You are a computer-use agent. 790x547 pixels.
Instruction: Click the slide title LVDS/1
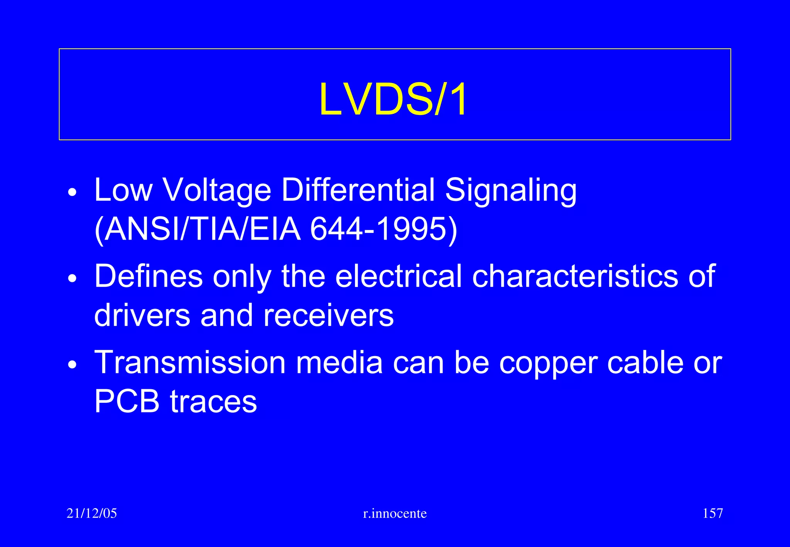(x=393, y=100)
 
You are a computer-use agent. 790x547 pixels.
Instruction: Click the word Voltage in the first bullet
(x=217, y=190)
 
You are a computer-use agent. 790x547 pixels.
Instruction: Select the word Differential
(x=358, y=190)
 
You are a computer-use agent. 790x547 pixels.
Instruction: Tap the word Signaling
(x=511, y=190)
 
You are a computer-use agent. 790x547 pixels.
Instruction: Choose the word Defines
(x=149, y=276)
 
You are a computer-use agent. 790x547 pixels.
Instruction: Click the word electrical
(x=398, y=276)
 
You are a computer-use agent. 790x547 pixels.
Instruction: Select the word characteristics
(x=575, y=276)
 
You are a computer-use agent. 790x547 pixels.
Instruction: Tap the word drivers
(x=142, y=315)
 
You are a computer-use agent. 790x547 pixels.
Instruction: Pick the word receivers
(x=328, y=315)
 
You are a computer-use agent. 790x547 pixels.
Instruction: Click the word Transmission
(x=190, y=362)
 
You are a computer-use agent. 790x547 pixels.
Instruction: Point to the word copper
(x=548, y=363)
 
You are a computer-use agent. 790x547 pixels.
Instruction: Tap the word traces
(x=214, y=402)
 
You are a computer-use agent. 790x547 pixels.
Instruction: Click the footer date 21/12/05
(x=92, y=513)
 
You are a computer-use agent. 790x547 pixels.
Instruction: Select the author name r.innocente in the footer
(x=395, y=513)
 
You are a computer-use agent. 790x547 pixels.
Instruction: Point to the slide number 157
(x=712, y=513)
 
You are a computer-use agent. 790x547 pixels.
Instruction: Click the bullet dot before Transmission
(x=72, y=365)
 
